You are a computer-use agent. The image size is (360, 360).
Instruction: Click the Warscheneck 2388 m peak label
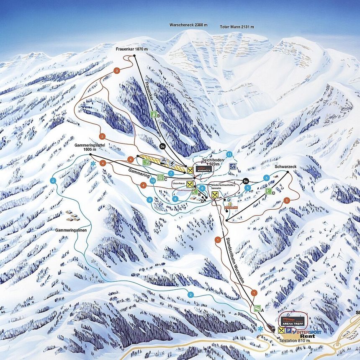click(x=188, y=25)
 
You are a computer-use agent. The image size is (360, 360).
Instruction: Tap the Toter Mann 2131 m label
click(x=237, y=27)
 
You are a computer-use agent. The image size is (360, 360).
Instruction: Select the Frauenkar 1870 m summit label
click(x=131, y=49)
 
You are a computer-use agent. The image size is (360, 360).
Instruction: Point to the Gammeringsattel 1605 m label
click(x=90, y=147)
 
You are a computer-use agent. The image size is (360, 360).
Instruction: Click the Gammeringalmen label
click(x=70, y=230)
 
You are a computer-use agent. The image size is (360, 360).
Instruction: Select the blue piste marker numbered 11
click(x=229, y=154)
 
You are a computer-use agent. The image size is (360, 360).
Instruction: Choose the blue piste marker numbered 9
click(x=150, y=200)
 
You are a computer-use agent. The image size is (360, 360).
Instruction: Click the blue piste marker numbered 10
click(x=153, y=180)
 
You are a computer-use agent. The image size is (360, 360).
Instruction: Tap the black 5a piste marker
click(x=246, y=181)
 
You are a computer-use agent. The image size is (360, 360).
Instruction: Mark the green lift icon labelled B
click(x=154, y=114)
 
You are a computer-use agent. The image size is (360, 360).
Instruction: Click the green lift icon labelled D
click(x=268, y=192)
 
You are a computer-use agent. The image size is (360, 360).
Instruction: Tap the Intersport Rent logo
click(x=307, y=334)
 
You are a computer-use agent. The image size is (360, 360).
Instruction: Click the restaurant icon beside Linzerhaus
click(x=190, y=184)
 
